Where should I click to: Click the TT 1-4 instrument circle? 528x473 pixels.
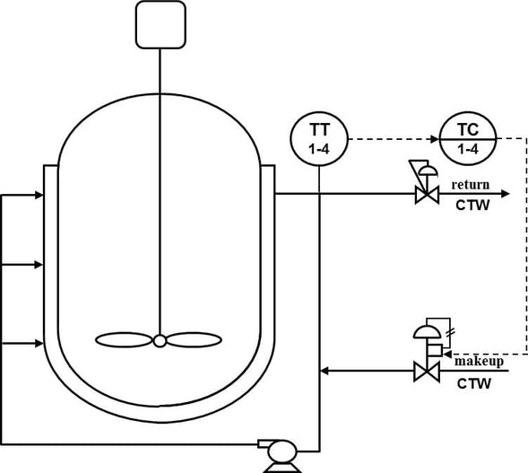click(x=319, y=138)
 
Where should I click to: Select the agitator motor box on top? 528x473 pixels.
click(x=160, y=24)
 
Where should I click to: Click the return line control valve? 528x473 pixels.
click(x=425, y=194)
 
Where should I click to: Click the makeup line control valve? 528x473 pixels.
click(x=425, y=370)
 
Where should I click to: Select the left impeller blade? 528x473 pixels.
click(x=124, y=340)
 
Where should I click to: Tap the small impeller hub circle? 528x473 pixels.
click(x=159, y=340)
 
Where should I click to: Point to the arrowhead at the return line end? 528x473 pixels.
click(x=505, y=194)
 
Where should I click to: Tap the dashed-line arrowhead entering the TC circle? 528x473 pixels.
click(x=437, y=138)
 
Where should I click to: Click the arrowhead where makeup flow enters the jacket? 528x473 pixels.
click(x=325, y=370)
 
